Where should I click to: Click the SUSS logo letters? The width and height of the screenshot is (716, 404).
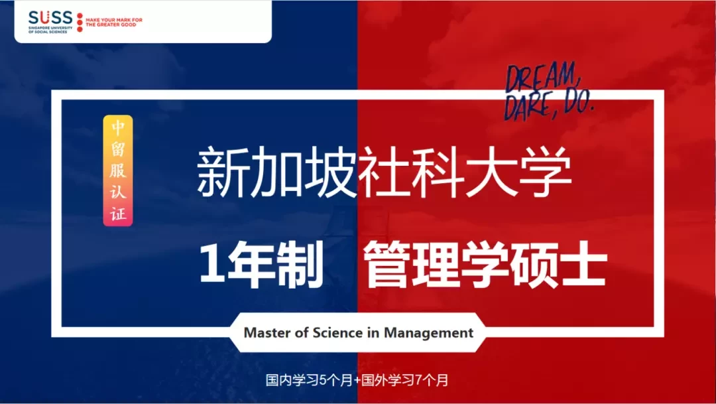[50, 18]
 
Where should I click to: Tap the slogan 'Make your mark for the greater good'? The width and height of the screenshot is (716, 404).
[114, 23]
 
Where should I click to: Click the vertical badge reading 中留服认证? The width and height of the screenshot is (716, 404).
[118, 170]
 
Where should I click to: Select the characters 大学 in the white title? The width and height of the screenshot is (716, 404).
[519, 172]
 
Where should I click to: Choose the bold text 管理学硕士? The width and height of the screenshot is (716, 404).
[485, 265]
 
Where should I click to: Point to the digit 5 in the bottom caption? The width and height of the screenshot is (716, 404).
[323, 379]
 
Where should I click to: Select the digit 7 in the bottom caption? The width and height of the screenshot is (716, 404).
[418, 379]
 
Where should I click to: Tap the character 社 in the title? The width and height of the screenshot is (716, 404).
[385, 172]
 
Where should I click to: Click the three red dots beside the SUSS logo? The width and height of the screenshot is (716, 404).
[80, 23]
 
